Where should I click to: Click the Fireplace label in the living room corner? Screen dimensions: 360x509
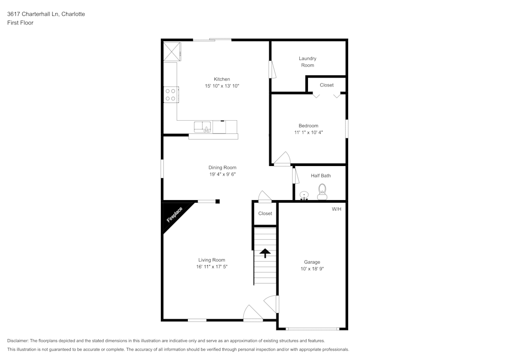coord(175,215)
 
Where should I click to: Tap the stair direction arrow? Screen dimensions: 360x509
coord(265,253)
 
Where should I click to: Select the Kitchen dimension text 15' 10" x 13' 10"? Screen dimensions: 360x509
coord(222,86)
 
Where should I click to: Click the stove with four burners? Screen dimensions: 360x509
coord(171,95)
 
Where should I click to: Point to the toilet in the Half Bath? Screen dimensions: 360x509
coord(322,192)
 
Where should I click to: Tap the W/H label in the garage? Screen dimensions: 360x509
coord(336,209)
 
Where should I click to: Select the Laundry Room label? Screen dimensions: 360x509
coord(307,62)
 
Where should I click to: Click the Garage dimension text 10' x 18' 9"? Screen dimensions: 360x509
coord(312,268)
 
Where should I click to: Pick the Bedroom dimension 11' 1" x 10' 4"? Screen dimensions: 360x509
coord(308,132)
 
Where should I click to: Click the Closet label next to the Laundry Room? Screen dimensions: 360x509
coord(327,85)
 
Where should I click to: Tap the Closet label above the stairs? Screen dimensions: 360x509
coord(265,213)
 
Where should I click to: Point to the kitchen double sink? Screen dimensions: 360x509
coord(203,127)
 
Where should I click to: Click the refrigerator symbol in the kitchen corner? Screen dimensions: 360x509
coord(172,51)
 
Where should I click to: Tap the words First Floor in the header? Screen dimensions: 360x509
coord(20,23)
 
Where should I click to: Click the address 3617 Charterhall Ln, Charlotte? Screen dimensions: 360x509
coord(46,14)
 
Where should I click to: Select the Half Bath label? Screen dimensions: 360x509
coord(321,176)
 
